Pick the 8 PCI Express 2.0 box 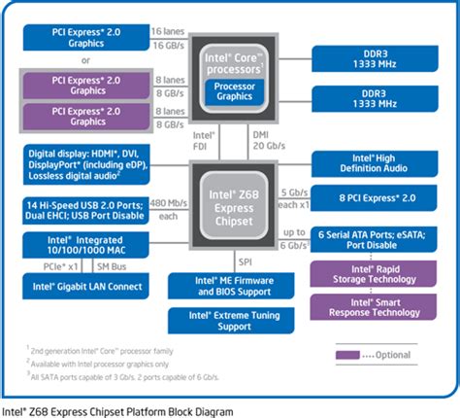click(x=374, y=197)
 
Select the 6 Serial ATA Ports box click(x=374, y=238)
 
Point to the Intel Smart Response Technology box click(x=374, y=306)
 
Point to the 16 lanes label click(x=169, y=32)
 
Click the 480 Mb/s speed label click(x=169, y=203)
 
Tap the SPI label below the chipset click(x=246, y=261)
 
